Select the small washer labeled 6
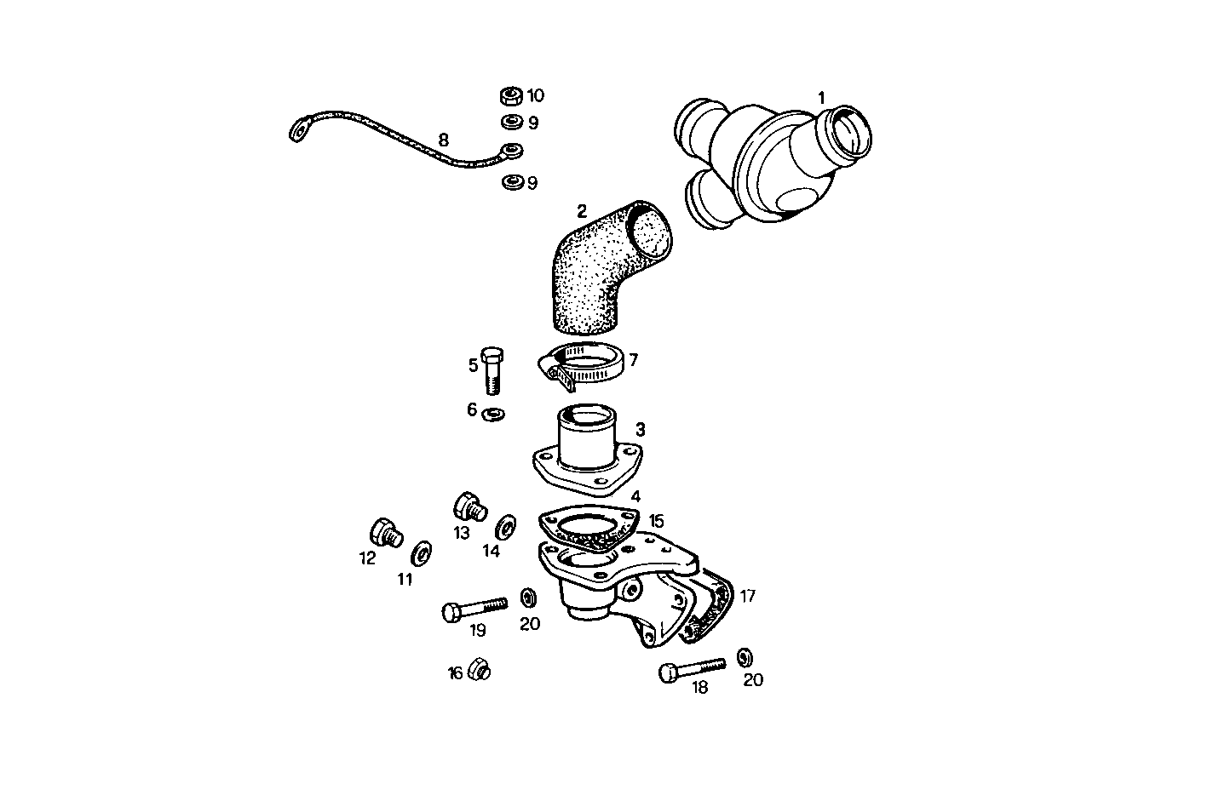492,415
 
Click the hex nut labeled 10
511,94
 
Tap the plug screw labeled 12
385,533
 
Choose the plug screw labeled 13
468,507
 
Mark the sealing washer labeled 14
505,527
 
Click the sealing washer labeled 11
420,554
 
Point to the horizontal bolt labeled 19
474,608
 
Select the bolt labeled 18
691,669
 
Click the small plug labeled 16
479,670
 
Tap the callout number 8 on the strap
443,140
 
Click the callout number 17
747,597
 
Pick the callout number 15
656,520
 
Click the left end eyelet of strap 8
298,131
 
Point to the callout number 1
821,98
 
